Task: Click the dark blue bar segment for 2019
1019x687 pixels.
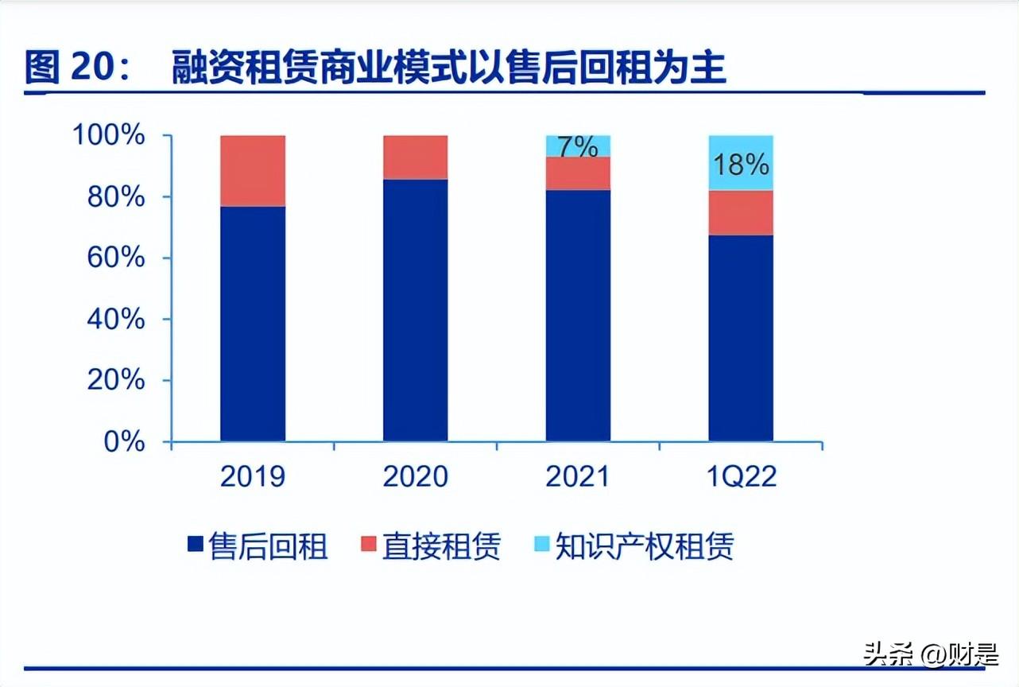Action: [253, 324]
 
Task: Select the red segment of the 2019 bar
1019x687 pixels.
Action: [253, 171]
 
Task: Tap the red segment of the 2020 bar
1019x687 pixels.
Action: [415, 157]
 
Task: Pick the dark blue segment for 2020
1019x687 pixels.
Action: [415, 310]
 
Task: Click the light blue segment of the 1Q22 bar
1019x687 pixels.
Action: [741, 163]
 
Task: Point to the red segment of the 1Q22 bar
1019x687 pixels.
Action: [741, 213]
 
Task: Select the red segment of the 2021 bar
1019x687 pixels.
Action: [578, 173]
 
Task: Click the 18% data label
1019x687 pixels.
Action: [741, 165]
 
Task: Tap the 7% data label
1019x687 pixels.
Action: [578, 147]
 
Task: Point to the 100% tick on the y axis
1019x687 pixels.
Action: [110, 136]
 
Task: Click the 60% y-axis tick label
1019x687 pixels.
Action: [116, 258]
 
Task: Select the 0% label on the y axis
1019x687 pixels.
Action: [125, 442]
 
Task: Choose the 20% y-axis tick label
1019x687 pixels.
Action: [116, 381]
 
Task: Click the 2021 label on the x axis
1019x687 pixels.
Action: [578, 477]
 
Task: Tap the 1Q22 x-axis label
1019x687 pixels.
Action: [741, 477]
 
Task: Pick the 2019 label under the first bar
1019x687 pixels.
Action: [253, 477]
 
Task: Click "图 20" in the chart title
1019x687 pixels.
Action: [72, 68]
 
